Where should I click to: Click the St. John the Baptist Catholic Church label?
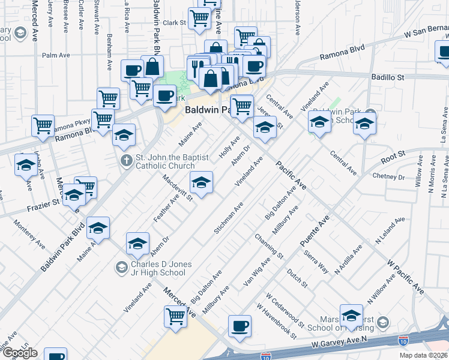[x=172, y=161]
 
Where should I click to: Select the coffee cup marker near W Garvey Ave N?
[x=240, y=326]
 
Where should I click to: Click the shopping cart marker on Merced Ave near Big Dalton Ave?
[x=175, y=316]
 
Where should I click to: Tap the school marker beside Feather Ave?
[x=201, y=182]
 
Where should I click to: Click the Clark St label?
[x=175, y=22]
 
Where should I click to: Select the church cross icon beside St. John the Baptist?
[x=126, y=160]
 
